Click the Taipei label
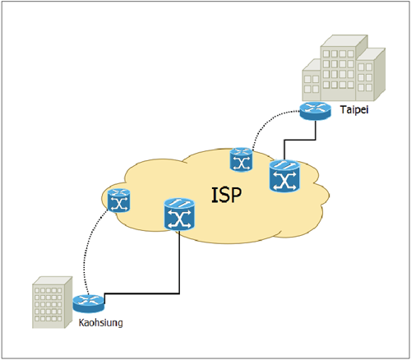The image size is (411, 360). point(354,110)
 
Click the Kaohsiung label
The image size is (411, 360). point(100,323)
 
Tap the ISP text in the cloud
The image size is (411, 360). point(227,195)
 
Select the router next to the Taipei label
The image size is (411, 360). point(316,111)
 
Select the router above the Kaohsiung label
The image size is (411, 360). point(89,303)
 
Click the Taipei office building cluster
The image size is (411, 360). point(344,68)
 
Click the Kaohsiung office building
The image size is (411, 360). point(52,302)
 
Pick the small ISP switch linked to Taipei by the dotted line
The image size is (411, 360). point(241,159)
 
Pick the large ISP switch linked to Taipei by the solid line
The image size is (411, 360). point(284,176)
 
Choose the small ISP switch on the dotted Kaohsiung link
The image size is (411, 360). point(118,201)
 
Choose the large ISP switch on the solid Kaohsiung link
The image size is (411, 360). point(179,215)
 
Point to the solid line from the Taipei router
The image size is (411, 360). point(300,140)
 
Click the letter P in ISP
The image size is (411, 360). point(235,195)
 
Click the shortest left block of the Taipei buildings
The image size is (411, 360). point(312,80)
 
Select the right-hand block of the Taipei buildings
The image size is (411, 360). point(371,75)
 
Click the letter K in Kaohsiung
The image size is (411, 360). point(81,322)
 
